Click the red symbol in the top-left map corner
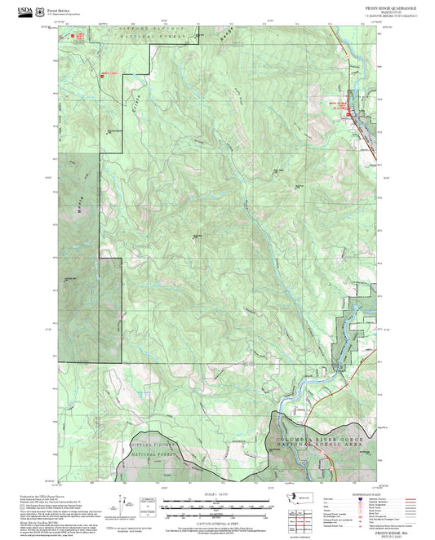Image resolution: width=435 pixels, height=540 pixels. tap(79, 37)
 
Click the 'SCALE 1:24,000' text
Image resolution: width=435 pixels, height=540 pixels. tap(215, 494)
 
